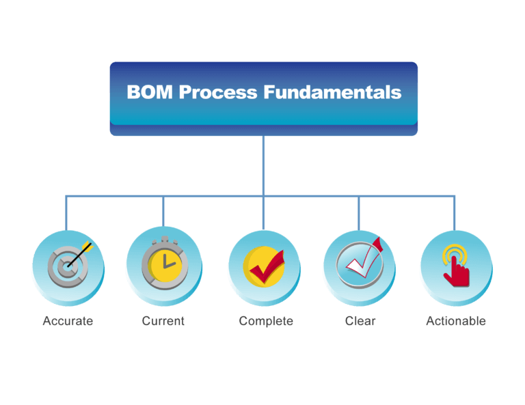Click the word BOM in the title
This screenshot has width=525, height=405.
coord(150,93)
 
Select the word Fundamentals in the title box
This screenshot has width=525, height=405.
coord(333,93)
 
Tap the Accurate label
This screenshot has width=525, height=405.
coord(68,321)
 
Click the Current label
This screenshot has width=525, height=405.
coord(163,321)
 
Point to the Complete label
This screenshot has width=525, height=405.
coord(266,321)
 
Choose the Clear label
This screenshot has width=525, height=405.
coord(360,321)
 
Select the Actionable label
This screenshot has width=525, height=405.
coord(456,321)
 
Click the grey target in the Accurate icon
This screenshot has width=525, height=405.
coord(64,268)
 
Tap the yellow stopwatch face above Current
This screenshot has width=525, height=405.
coord(163,266)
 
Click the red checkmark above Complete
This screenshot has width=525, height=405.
coord(267,268)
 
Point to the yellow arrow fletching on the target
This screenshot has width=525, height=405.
coord(87,244)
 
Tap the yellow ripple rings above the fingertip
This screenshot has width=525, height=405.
coord(452,255)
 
